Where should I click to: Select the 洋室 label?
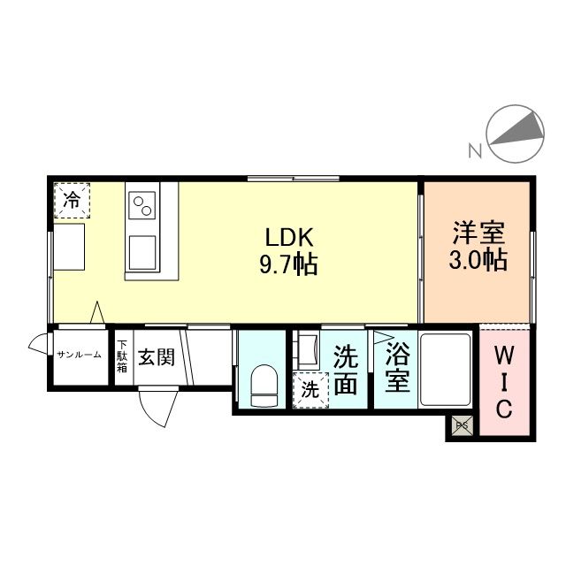(x=478, y=234)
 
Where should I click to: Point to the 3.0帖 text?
(x=478, y=262)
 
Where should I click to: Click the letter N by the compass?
(x=475, y=150)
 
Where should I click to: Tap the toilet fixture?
(x=263, y=386)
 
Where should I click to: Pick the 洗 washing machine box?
(x=310, y=388)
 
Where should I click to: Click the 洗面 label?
(x=346, y=371)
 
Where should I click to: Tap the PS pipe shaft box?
(x=461, y=425)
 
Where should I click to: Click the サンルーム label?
(x=80, y=356)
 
